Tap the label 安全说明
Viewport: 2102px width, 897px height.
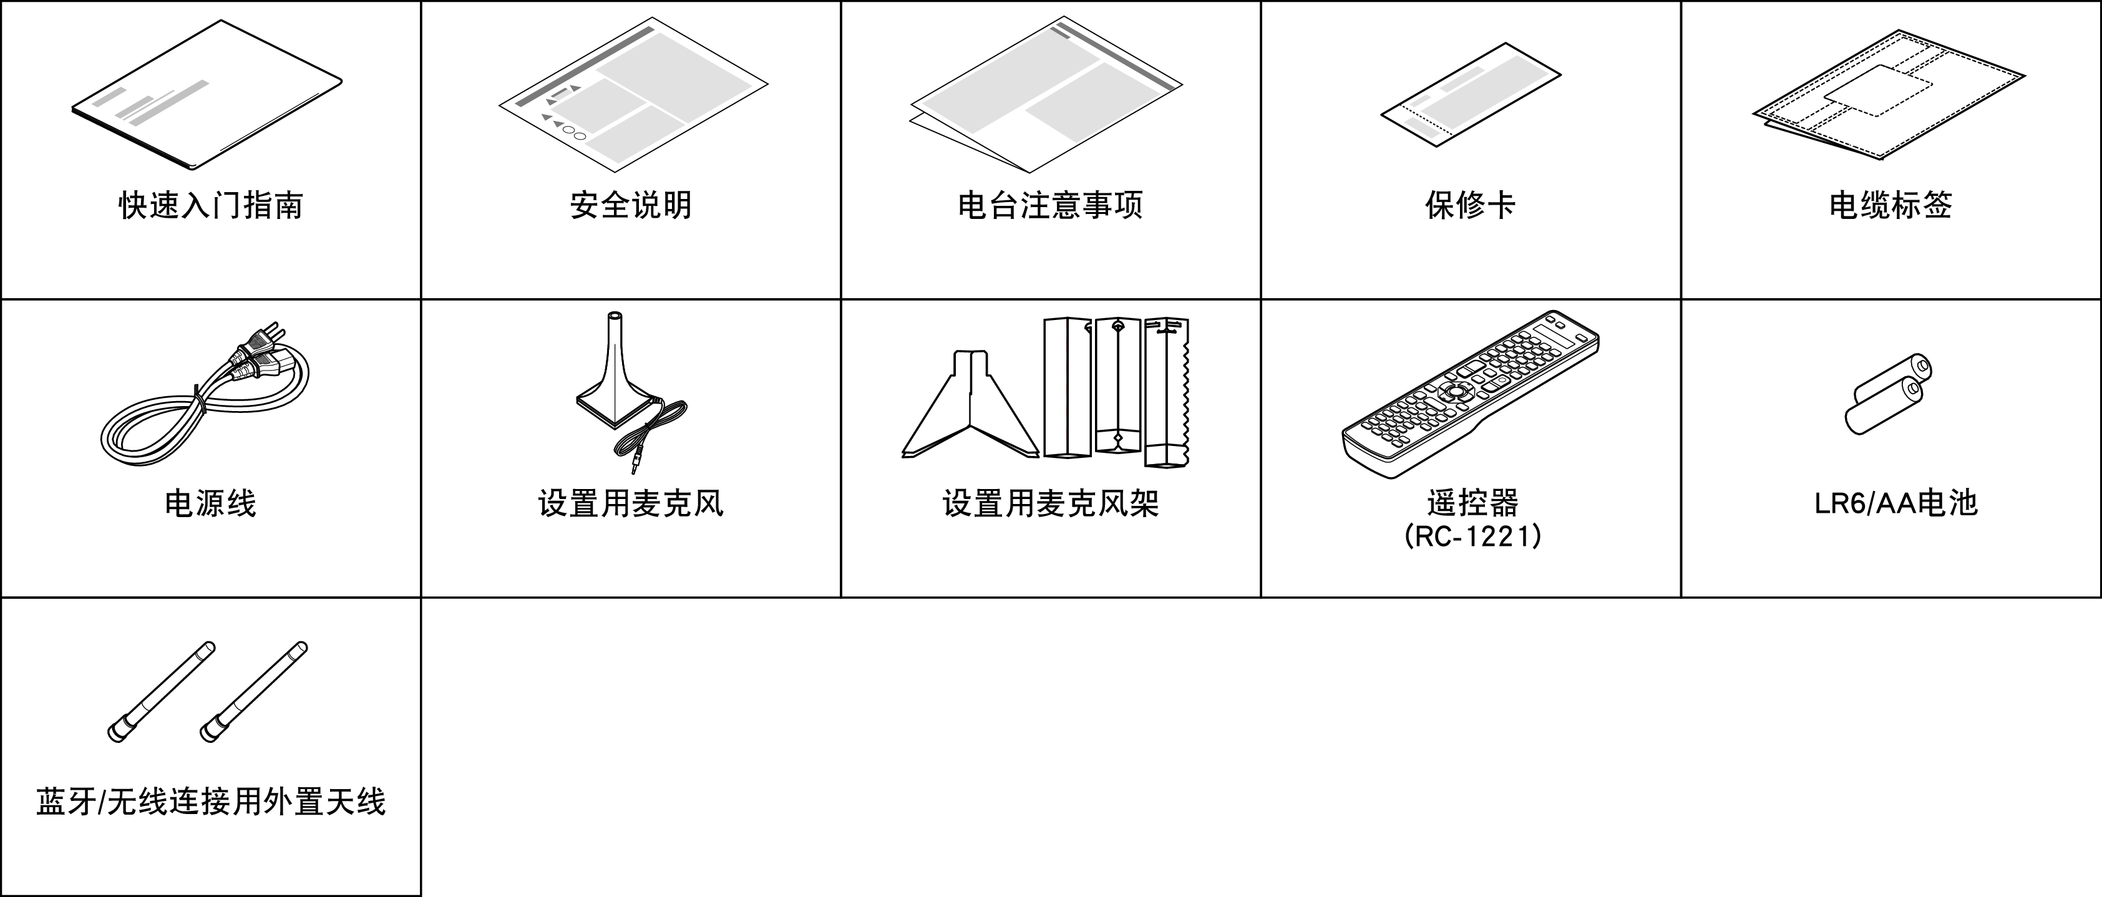pos(630,205)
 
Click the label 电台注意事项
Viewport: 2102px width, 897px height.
pos(1050,205)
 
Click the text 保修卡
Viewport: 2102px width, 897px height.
pos(1471,205)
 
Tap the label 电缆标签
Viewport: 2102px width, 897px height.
pos(1890,205)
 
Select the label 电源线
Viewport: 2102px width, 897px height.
pos(210,503)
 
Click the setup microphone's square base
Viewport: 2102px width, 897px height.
pos(612,406)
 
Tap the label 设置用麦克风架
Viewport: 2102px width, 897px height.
pos(1050,503)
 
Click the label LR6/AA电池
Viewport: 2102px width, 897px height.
pos(1895,503)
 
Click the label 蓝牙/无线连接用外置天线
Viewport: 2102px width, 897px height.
pos(210,802)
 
